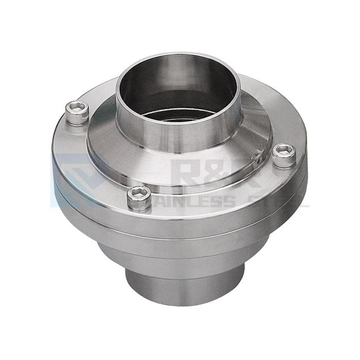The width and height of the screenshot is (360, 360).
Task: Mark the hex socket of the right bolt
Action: [x=283, y=150]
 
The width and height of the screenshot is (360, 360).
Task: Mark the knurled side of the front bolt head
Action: [x=138, y=204]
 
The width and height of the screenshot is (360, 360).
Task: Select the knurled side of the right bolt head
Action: [x=283, y=161]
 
